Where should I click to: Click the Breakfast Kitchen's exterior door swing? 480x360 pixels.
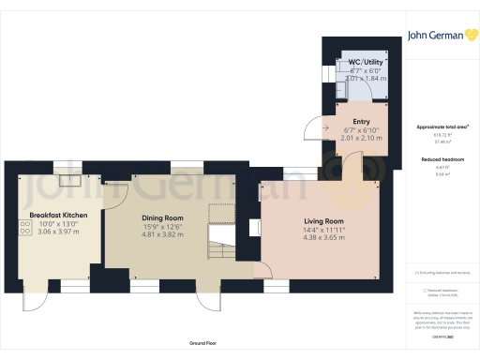[x=34, y=298]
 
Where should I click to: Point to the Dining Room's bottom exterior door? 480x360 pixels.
[x=205, y=298]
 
